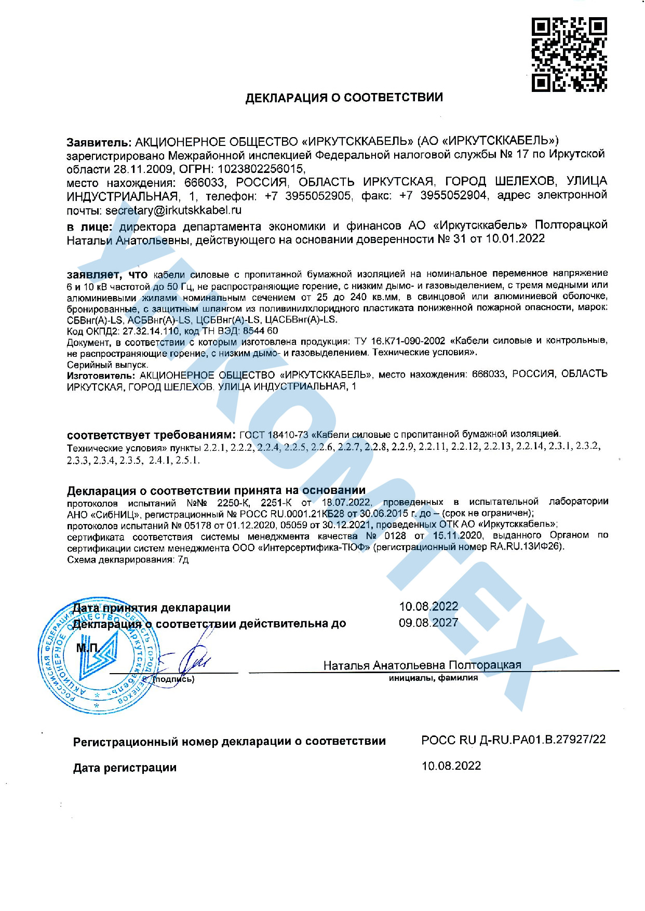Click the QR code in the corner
[x=569, y=55]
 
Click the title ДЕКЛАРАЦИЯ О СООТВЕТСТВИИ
[x=344, y=98]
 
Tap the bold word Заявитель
[x=99, y=141]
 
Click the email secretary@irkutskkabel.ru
[x=173, y=210]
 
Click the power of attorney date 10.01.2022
[x=515, y=238]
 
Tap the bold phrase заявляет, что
[x=107, y=274]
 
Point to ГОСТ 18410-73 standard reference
[x=274, y=434]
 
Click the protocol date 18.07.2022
[x=346, y=502]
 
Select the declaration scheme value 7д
[x=183, y=559]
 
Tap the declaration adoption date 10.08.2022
[x=428, y=607]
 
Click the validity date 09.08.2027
[x=428, y=623]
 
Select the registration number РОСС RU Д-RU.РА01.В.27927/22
[x=513, y=740]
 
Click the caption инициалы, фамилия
[x=433, y=678]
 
